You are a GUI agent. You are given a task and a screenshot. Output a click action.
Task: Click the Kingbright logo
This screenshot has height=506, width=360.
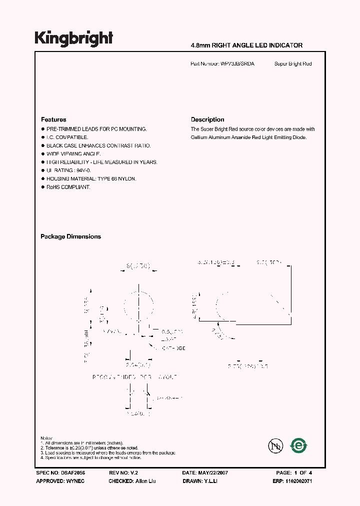(x=73, y=38)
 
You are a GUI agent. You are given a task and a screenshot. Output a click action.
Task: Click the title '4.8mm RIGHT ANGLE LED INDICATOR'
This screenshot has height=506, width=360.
(x=246, y=45)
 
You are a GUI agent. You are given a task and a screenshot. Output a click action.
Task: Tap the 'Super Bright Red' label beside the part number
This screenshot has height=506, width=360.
(x=293, y=64)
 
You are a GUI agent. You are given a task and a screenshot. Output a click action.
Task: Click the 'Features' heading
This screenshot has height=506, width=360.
(x=53, y=119)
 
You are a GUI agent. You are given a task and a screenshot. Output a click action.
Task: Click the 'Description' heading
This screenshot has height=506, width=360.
(x=207, y=119)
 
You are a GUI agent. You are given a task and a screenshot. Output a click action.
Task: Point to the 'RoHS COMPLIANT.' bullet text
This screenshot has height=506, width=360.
(x=68, y=187)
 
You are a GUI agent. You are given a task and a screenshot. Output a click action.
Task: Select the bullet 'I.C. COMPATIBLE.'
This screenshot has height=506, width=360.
(x=67, y=137)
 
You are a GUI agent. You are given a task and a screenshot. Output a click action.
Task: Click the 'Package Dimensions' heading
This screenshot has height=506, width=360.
(x=70, y=236)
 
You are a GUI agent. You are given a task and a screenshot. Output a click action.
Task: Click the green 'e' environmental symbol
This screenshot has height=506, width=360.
(x=299, y=444)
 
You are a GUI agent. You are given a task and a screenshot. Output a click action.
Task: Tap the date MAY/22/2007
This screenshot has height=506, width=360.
(x=216, y=472)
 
